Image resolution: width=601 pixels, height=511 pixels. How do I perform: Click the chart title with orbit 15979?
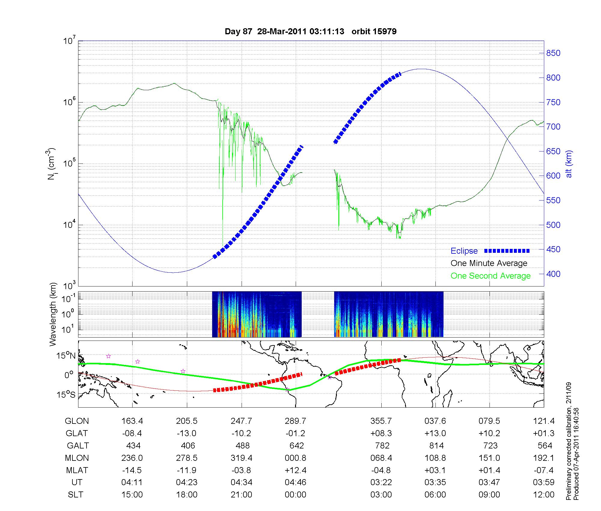[x=310, y=31]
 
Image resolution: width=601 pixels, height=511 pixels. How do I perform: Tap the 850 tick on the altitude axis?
[x=553, y=53]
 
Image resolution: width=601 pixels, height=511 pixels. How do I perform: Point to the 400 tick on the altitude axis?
[x=553, y=274]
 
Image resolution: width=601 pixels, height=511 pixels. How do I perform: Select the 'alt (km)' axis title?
[x=569, y=164]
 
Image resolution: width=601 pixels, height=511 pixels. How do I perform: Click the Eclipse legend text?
[x=464, y=251]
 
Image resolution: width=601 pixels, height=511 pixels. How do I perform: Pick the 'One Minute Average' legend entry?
[x=489, y=263]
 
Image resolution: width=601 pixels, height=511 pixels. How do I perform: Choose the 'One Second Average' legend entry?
[x=490, y=276]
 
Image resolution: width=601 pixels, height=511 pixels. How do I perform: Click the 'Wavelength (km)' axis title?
[x=53, y=314]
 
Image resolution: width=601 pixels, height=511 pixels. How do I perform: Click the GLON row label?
[x=77, y=421]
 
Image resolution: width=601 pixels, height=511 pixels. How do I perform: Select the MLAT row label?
[x=77, y=470]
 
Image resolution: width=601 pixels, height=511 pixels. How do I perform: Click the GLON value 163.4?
[x=132, y=421]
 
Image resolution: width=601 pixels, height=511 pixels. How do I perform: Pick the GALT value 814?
[x=437, y=445]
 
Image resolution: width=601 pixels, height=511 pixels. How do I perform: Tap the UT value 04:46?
[x=295, y=482]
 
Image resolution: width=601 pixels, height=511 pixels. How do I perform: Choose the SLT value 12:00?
[x=544, y=495]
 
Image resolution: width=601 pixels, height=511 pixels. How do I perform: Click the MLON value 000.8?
[x=295, y=458]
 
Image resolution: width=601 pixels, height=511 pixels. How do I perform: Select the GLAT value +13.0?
[x=435, y=433]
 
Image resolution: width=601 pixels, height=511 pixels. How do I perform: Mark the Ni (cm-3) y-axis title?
[x=51, y=164]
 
